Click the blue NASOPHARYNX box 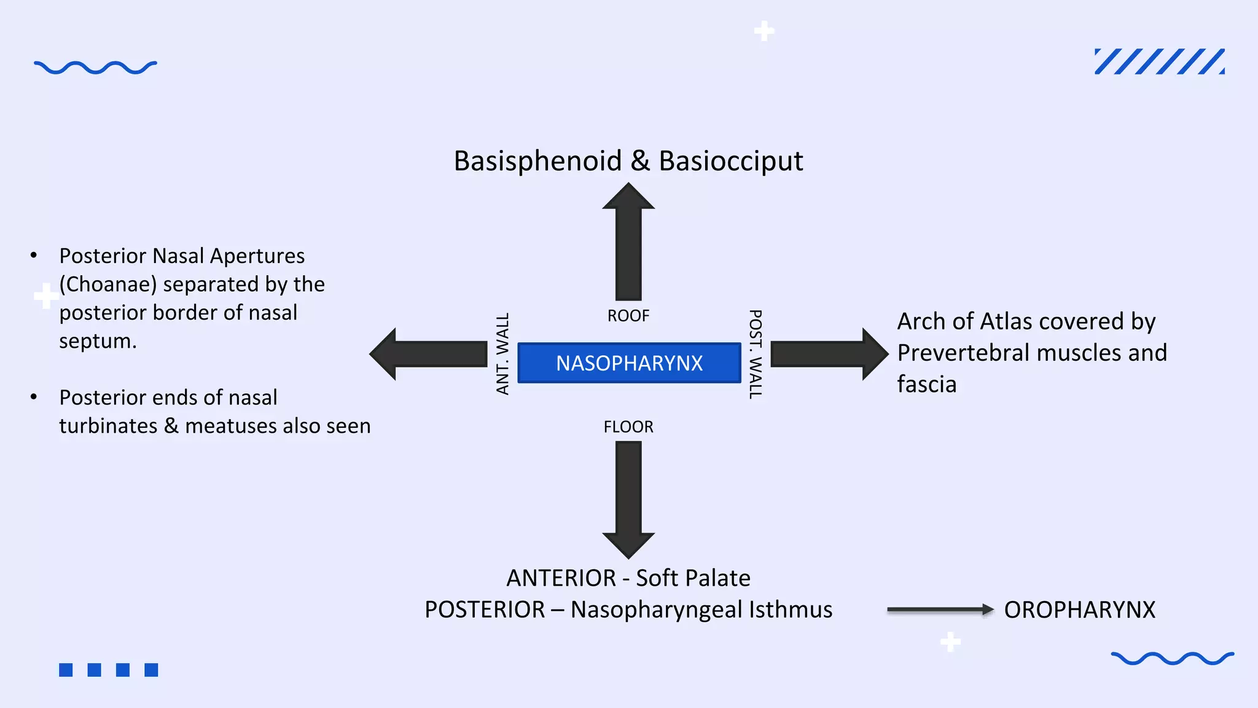click(x=629, y=363)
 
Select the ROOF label click(x=628, y=316)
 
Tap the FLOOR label click(x=628, y=427)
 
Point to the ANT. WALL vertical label click(x=503, y=354)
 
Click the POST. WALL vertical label click(x=756, y=354)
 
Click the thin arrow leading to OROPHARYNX click(x=940, y=610)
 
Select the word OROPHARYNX click(x=1079, y=610)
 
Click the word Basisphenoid click(x=537, y=161)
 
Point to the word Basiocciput click(x=730, y=161)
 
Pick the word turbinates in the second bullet click(x=108, y=426)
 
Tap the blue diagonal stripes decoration click(x=1159, y=61)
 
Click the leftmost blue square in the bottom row click(x=66, y=670)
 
